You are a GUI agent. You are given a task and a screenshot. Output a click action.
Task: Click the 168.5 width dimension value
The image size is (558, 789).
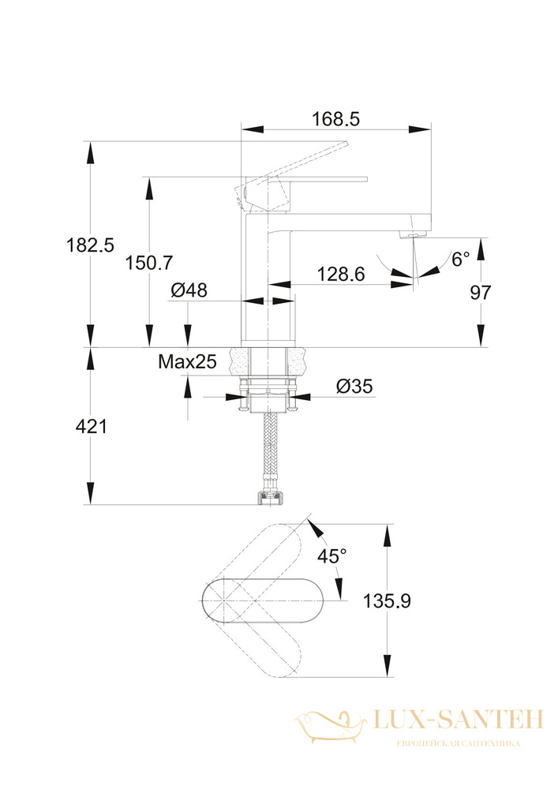pyautogui.click(x=335, y=119)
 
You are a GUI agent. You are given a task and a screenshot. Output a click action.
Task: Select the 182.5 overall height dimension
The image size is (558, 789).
pyautogui.click(x=91, y=245)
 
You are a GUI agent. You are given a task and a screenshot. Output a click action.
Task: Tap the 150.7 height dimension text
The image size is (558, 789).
pyautogui.click(x=149, y=263)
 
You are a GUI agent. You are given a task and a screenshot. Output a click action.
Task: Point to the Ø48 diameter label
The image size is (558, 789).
pyautogui.click(x=189, y=290)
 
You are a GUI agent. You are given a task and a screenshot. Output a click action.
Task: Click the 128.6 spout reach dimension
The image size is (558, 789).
pyautogui.click(x=341, y=275)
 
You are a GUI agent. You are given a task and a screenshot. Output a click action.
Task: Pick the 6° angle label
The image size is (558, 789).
pyautogui.click(x=460, y=259)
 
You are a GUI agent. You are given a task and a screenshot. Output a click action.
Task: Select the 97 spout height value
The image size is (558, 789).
pyautogui.click(x=480, y=293)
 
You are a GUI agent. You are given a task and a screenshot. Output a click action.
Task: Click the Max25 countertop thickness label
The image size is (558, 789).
pyautogui.click(x=187, y=361)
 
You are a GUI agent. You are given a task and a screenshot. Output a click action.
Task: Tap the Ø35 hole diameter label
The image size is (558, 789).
pyautogui.click(x=354, y=386)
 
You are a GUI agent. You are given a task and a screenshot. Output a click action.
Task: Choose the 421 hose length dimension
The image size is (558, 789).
pyautogui.click(x=91, y=427)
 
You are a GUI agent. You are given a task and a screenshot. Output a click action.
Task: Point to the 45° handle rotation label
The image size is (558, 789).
pyautogui.click(x=332, y=556)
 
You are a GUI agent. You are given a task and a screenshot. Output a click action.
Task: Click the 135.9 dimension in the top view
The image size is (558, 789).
pyautogui.click(x=387, y=600)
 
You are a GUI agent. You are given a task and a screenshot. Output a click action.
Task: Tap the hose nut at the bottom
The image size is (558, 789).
pyautogui.click(x=271, y=498)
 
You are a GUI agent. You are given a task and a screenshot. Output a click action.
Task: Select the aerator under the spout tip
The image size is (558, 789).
pyautogui.click(x=412, y=234)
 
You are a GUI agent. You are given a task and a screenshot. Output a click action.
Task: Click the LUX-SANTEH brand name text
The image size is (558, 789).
pyautogui.click(x=459, y=719)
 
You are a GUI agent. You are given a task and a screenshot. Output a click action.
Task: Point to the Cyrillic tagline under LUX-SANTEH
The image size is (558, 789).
pyautogui.click(x=459, y=743)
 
